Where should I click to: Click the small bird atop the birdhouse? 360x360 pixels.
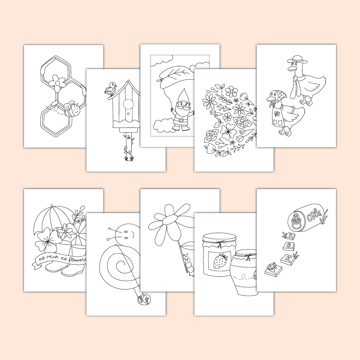click(111, 88)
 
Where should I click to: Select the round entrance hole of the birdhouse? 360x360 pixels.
click(128, 104)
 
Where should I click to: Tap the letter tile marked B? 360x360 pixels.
click(288, 246)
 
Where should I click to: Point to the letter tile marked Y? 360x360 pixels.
click(291, 235)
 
